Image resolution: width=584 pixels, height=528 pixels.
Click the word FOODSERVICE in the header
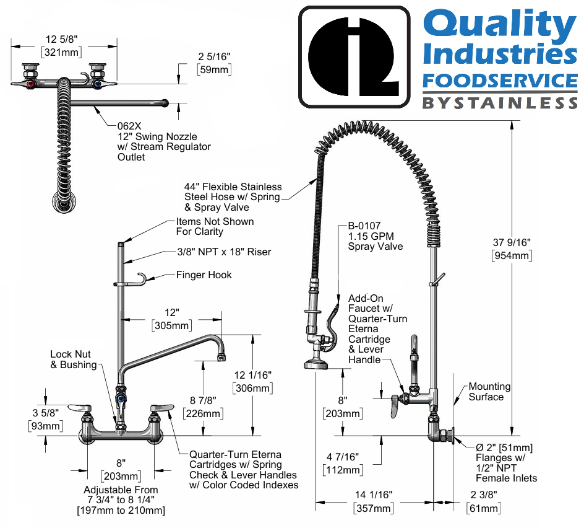click(x=499, y=81)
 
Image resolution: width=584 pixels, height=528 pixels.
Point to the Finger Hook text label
click(x=204, y=275)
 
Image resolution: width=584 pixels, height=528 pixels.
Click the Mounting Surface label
click(x=489, y=391)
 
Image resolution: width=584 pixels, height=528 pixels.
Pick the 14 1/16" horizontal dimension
click(x=374, y=495)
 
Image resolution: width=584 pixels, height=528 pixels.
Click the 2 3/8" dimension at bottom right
click(x=483, y=495)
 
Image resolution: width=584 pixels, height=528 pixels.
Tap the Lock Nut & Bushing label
click(x=73, y=359)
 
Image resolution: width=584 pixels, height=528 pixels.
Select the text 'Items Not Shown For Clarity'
click(x=214, y=226)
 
